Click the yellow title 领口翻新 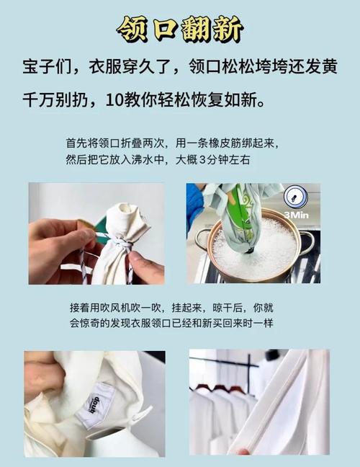click(x=180, y=29)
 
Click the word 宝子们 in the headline click(x=47, y=67)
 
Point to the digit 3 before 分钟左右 click(x=202, y=160)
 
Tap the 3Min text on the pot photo click(x=296, y=215)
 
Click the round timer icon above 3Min click(x=295, y=197)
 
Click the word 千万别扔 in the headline click(x=55, y=100)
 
